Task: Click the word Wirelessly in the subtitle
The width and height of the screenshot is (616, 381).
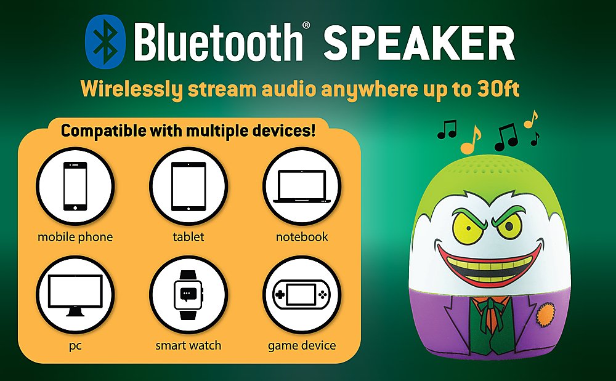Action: (x=131, y=90)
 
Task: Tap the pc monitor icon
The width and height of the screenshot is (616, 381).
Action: (x=75, y=294)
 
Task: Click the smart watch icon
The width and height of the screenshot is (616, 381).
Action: (x=188, y=294)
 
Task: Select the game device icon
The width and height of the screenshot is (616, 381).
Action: (x=302, y=294)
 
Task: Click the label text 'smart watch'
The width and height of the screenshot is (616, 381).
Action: (x=188, y=345)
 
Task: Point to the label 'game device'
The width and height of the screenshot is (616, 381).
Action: (x=302, y=345)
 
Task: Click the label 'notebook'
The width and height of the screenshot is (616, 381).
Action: (x=302, y=237)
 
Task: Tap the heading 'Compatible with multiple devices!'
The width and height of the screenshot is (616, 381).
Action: (x=188, y=131)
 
